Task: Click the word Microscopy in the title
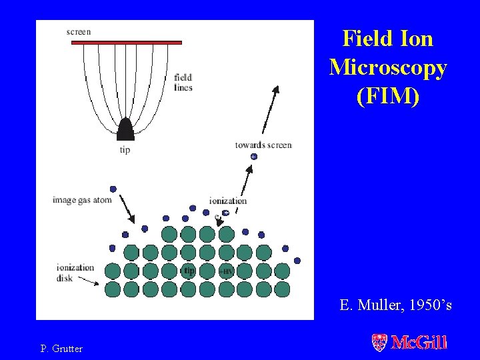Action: tap(388, 67)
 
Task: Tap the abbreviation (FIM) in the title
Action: tap(388, 96)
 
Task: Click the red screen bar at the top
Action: tap(127, 42)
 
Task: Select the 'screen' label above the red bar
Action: tap(79, 31)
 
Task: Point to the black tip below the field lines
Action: tap(125, 129)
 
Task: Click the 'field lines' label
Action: tap(183, 82)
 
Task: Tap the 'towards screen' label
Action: tap(263, 145)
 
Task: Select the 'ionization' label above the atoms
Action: tap(227, 201)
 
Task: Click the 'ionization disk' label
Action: tap(75, 273)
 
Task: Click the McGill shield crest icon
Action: tap(379, 343)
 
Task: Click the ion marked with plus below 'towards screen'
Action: tap(253, 156)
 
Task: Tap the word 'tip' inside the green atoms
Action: tap(189, 271)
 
